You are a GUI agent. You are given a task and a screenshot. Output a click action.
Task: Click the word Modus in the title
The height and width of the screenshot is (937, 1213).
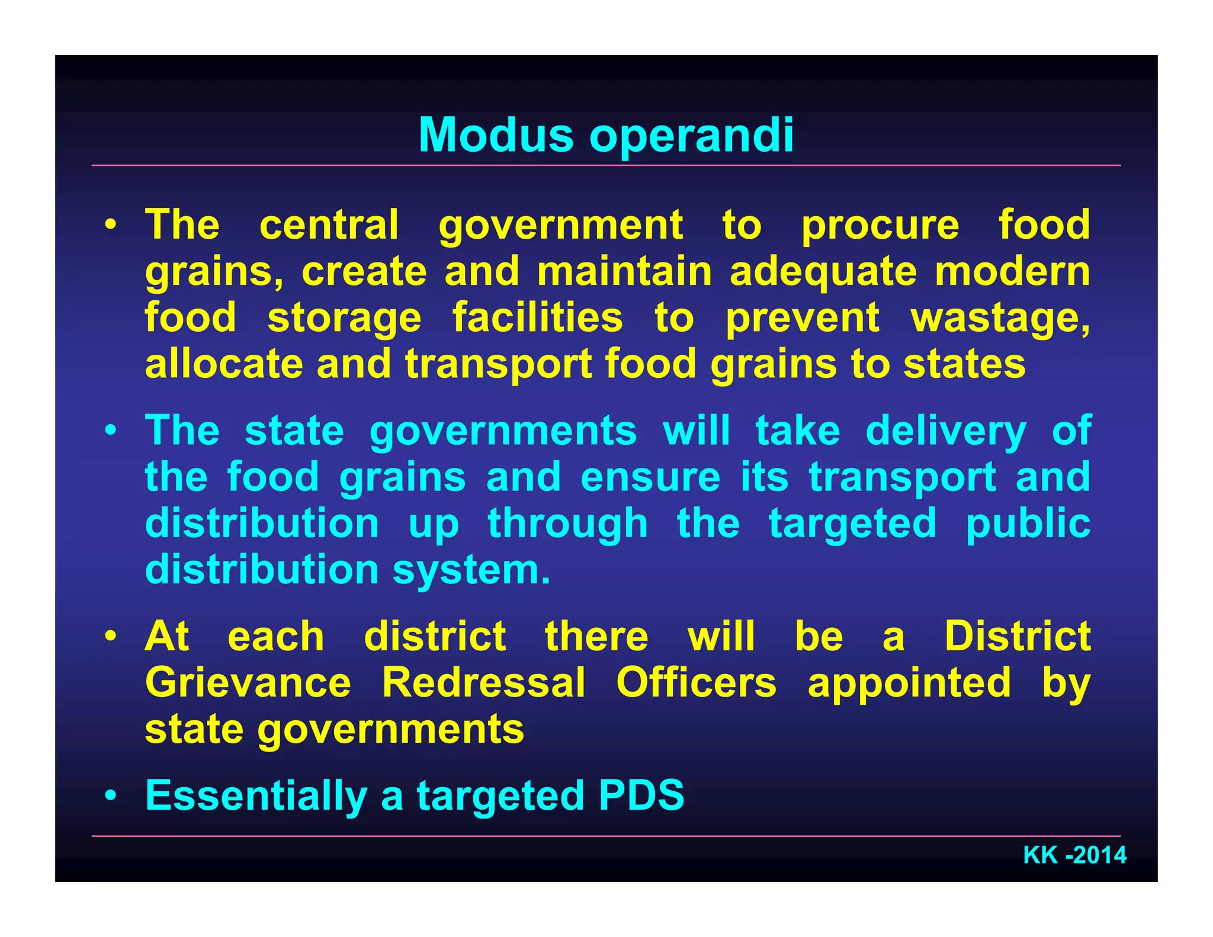pyautogui.click(x=496, y=136)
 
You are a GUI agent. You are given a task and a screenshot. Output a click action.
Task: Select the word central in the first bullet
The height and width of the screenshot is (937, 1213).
pyautogui.click(x=329, y=225)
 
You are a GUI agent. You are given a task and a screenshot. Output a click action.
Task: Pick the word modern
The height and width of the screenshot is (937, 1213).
pyautogui.click(x=1012, y=271)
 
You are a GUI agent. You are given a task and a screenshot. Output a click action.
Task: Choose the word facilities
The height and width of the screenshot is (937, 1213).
pyautogui.click(x=537, y=317)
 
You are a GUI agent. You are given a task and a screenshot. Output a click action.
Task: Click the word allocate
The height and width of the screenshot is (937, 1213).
pyautogui.click(x=224, y=364)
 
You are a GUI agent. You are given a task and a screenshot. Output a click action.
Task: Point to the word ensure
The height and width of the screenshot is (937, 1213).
pyautogui.click(x=650, y=477)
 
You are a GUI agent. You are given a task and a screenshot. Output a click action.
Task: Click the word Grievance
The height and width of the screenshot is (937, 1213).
pyautogui.click(x=248, y=682)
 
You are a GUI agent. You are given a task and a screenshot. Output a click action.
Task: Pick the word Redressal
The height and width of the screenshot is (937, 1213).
pyautogui.click(x=483, y=682)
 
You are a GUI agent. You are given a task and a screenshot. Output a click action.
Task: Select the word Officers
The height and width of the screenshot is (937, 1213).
pyautogui.click(x=696, y=682)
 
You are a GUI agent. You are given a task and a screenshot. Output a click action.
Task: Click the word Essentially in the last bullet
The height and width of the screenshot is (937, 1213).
pyautogui.click(x=256, y=795)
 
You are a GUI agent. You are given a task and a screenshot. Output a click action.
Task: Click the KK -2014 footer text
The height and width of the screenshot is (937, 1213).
pyautogui.click(x=1074, y=855)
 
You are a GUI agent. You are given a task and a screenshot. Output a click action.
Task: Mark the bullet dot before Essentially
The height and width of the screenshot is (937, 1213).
pyautogui.click(x=111, y=796)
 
